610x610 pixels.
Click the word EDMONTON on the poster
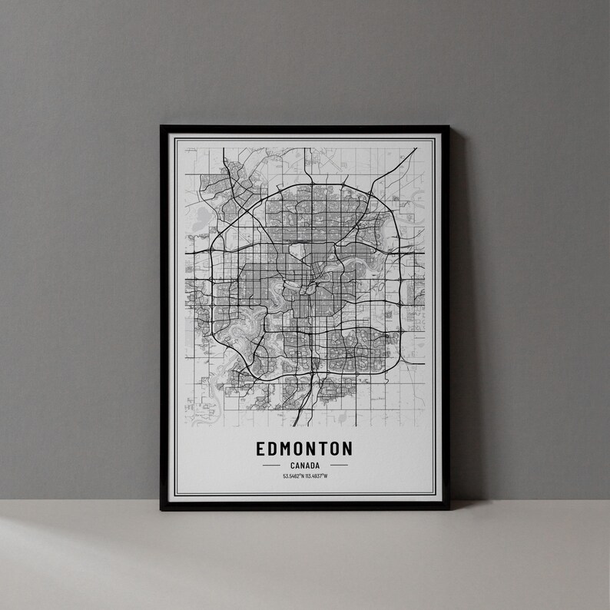(x=305, y=448)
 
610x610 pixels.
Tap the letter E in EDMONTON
(x=263, y=448)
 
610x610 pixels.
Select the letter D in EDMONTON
(x=274, y=448)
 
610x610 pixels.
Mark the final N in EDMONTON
(x=347, y=448)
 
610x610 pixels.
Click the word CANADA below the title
(x=305, y=465)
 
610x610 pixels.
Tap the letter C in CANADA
(x=293, y=465)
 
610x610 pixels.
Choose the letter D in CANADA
(x=313, y=465)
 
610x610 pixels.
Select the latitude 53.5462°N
(x=293, y=476)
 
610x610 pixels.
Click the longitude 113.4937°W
(x=317, y=476)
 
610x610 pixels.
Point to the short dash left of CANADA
(x=271, y=465)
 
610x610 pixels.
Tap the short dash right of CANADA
(x=339, y=465)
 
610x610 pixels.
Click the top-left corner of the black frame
(x=161, y=127)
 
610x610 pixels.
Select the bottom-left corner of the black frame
(x=161, y=508)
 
